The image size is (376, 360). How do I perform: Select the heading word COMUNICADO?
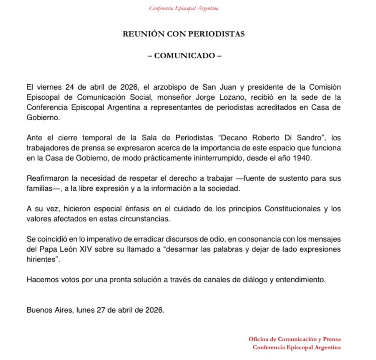click(184, 56)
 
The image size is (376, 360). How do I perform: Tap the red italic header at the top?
click(184, 8)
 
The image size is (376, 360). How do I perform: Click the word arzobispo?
click(170, 87)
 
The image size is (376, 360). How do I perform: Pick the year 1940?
click(302, 158)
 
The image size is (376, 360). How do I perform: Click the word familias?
click(39, 189)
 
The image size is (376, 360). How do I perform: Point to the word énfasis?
click(137, 209)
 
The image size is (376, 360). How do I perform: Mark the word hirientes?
click(41, 260)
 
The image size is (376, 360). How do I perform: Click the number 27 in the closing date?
click(101, 310)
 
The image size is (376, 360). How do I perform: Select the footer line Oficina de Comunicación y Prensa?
click(295, 339)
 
